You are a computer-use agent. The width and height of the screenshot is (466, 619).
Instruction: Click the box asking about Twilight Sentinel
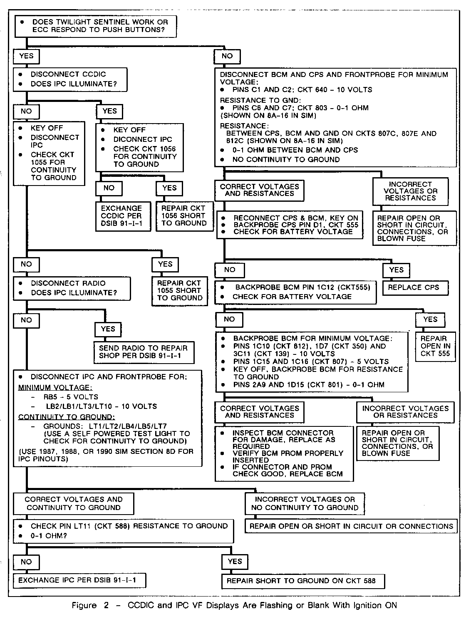[x=95, y=26]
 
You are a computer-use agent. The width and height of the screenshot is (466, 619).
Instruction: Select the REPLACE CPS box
[x=416, y=287]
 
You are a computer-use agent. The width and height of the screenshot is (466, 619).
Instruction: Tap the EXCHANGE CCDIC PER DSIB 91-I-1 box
[x=121, y=216]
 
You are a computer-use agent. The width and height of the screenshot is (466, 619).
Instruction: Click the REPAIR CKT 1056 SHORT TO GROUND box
[x=183, y=216]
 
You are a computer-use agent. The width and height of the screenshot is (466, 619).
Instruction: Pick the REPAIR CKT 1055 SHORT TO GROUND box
[x=179, y=290]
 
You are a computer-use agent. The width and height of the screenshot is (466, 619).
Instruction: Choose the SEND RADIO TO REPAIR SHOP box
[x=143, y=352]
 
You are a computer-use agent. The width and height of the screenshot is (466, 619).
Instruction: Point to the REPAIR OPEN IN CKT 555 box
[x=435, y=346]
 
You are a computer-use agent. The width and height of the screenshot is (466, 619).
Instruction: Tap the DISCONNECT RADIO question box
[x=72, y=288]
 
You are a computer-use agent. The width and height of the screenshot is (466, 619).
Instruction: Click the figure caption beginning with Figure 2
[x=234, y=605]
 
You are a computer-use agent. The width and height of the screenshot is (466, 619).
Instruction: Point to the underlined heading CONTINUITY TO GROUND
[x=67, y=417]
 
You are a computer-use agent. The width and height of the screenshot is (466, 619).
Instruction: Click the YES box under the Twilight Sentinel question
[x=26, y=56]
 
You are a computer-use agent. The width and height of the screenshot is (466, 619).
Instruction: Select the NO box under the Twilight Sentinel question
[x=227, y=56]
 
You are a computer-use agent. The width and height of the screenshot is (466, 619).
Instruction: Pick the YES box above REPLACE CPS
[x=396, y=270]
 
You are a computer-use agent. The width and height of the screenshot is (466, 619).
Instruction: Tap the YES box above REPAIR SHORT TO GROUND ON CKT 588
[x=235, y=562]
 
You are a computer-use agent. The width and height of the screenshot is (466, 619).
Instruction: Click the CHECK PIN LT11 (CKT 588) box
[x=123, y=531]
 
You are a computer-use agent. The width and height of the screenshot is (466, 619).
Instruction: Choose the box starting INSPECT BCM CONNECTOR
[x=284, y=453]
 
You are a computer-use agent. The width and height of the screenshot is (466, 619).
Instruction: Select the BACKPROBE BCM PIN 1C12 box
[x=296, y=292]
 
